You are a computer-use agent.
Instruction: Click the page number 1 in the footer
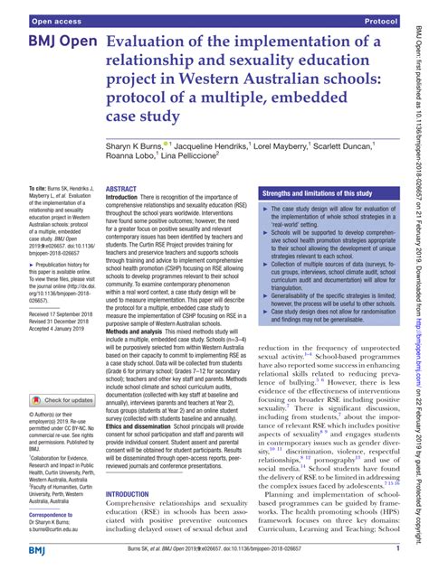tap(398, 547)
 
